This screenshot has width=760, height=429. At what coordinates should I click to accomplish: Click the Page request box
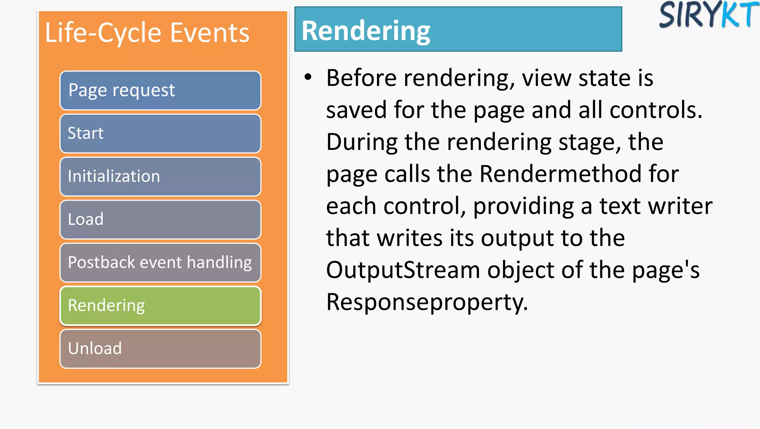(x=160, y=91)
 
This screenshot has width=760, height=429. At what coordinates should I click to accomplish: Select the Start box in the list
(x=160, y=134)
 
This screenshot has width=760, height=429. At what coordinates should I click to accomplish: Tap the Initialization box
(x=160, y=177)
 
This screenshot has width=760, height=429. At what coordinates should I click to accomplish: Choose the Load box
(x=160, y=220)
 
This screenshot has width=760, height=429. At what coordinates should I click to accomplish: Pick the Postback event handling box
(x=160, y=263)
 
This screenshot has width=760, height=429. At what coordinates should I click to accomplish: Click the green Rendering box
(x=160, y=306)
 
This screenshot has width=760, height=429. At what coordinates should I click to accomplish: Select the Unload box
(x=160, y=349)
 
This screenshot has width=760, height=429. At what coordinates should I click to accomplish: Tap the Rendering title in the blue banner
(x=366, y=31)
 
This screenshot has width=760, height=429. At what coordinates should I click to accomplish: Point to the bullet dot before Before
(x=308, y=77)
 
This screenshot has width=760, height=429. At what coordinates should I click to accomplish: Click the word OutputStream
(x=403, y=270)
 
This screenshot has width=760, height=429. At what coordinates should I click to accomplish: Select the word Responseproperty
(x=427, y=302)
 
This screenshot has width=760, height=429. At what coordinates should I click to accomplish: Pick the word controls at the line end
(x=656, y=110)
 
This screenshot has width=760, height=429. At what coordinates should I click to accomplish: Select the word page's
(x=666, y=271)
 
